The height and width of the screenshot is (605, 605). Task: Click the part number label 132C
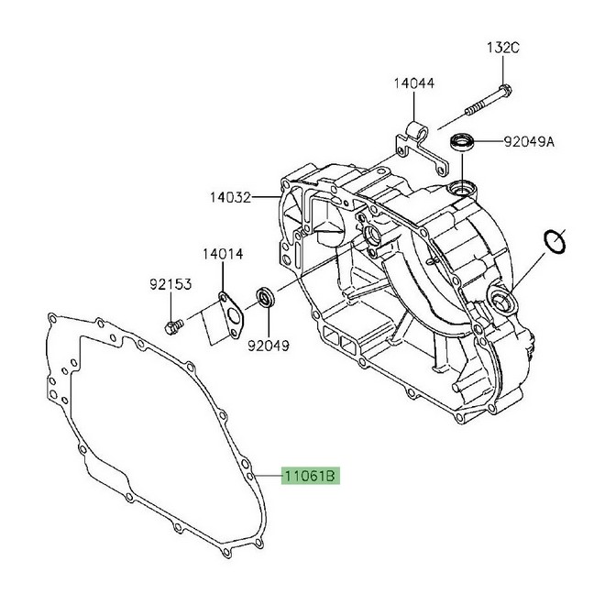502,49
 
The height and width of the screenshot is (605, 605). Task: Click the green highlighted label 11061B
311,476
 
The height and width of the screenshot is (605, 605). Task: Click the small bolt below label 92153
171,325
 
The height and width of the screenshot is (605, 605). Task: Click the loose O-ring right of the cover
555,241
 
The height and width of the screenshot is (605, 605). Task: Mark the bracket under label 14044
417,145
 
